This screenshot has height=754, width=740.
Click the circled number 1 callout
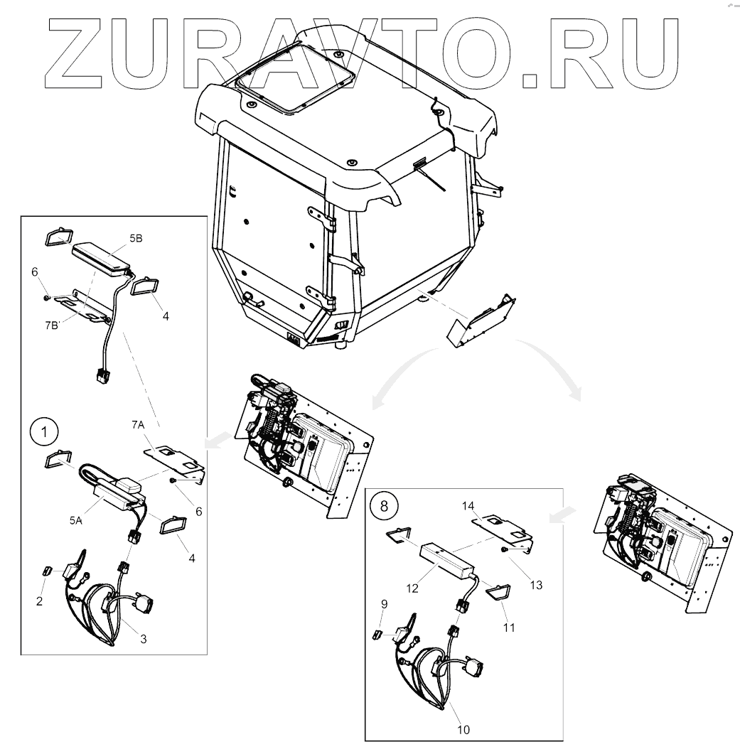pyautogui.click(x=44, y=431)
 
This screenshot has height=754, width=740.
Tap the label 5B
pyautogui.click(x=134, y=240)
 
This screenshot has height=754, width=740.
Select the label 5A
pyautogui.click(x=76, y=521)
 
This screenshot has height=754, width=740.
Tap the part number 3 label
pyautogui.click(x=143, y=639)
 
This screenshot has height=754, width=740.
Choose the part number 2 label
pyautogui.click(x=40, y=600)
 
